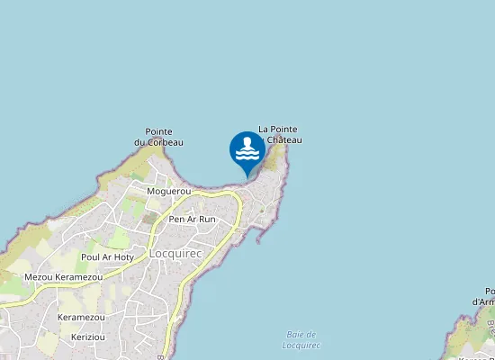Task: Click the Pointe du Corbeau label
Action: (x=158, y=137)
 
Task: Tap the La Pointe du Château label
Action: (x=278, y=134)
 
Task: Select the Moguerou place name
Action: (x=169, y=192)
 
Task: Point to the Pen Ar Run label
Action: (x=193, y=219)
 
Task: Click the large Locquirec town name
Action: (x=174, y=254)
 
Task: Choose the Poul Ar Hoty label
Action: (x=106, y=256)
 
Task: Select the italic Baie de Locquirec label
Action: (x=301, y=340)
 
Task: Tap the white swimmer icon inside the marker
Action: (x=247, y=148)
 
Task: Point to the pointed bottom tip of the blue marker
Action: (x=247, y=176)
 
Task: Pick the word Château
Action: (x=283, y=139)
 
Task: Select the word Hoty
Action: (x=122, y=256)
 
